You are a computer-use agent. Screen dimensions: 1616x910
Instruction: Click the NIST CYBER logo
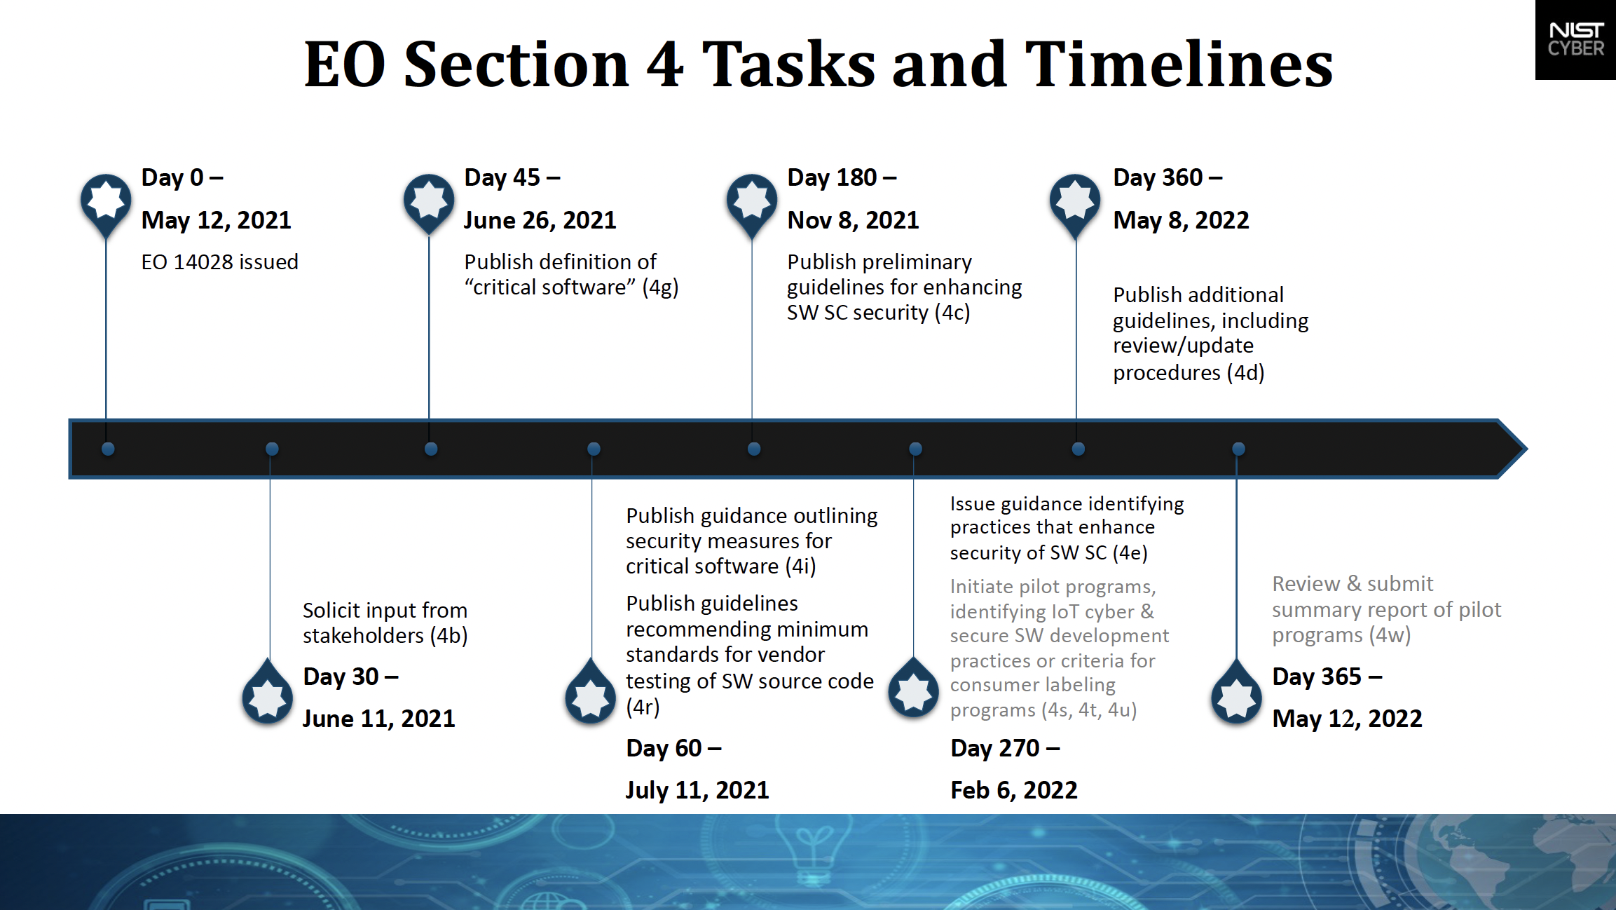1575,39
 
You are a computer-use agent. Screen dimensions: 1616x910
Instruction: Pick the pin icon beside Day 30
268,692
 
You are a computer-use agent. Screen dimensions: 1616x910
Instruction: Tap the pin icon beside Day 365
1237,692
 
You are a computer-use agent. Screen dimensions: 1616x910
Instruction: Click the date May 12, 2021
216,221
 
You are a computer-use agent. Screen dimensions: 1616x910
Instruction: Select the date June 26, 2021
540,221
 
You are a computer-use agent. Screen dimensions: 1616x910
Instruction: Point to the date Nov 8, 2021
853,221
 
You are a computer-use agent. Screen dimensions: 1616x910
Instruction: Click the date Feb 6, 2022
1013,791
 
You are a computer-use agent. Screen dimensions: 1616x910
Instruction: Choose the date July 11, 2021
697,791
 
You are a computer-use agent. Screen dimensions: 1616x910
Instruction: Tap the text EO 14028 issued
219,262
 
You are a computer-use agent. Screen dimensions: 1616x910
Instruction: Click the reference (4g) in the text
660,287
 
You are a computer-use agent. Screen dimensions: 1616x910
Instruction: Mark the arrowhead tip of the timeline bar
1526,449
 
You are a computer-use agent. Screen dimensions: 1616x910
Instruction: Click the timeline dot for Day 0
108,449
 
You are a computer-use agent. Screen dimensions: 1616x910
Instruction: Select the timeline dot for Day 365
1238,449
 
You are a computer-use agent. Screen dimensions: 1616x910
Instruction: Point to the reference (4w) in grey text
1392,636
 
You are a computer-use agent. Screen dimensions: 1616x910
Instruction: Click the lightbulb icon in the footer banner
813,851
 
